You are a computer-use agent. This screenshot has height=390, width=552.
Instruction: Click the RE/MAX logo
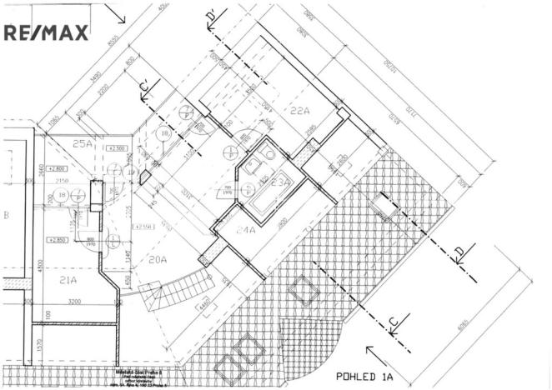coord(47,32)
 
